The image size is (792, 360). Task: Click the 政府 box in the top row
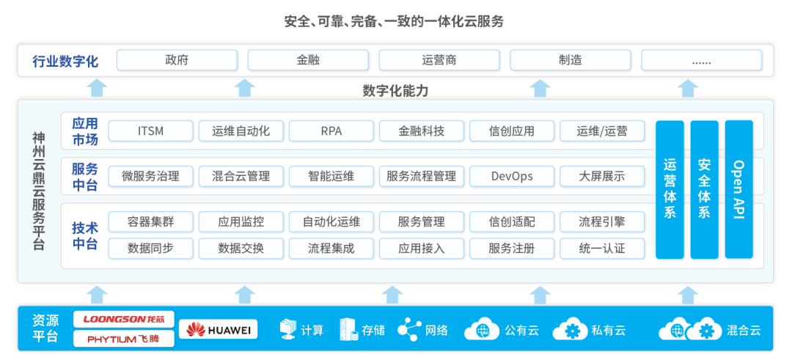[177, 60]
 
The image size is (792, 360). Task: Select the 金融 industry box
[308, 60]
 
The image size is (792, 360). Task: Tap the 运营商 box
[439, 60]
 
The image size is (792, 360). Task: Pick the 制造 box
[570, 60]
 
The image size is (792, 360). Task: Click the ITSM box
[150, 131]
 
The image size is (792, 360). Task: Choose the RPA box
[331, 131]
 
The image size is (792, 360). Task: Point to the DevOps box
[512, 176]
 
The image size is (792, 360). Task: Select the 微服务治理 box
[150, 176]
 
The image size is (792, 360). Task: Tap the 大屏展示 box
[602, 176]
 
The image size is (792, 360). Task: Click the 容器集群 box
[150, 221]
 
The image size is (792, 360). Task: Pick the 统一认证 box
[602, 248]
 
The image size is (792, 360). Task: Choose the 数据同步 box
[150, 248]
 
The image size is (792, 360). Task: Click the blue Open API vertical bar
[738, 189]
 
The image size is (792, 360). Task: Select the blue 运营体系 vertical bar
[670, 189]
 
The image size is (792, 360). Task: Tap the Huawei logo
[218, 330]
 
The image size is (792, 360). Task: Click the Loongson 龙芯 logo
[124, 320]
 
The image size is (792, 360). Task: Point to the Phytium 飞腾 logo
[124, 339]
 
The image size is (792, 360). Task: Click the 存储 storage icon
[348, 329]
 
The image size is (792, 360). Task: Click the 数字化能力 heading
[395, 91]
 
